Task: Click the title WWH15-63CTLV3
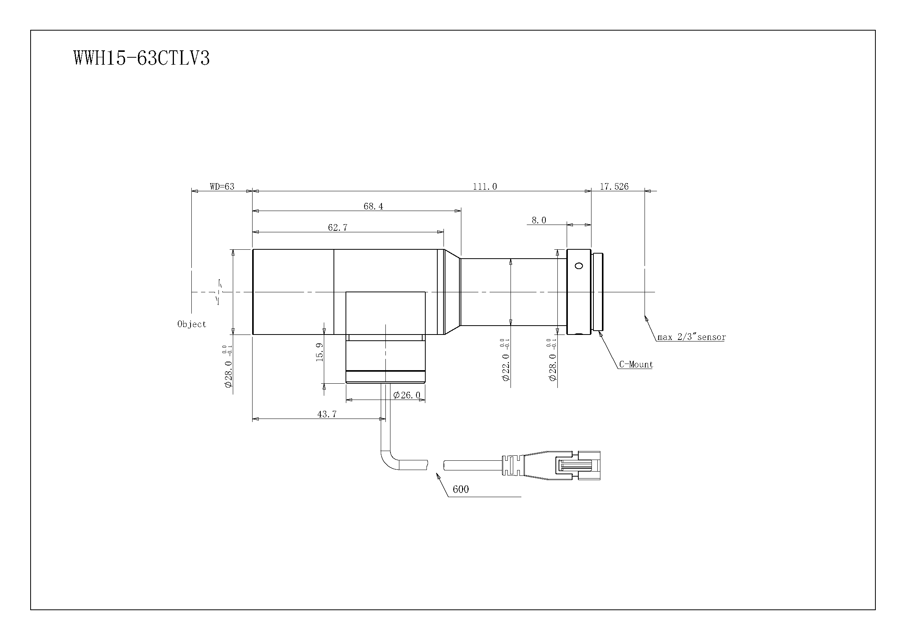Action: (x=141, y=58)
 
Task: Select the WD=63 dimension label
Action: (x=222, y=187)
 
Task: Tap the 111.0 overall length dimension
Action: (x=485, y=187)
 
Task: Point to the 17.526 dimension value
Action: (x=614, y=187)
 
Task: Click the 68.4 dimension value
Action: (x=373, y=206)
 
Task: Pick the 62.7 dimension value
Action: (x=338, y=228)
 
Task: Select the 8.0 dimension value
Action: (x=539, y=220)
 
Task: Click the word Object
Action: (x=192, y=324)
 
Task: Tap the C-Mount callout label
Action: (x=636, y=364)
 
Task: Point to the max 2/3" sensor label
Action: (x=691, y=337)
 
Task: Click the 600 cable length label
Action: (x=461, y=489)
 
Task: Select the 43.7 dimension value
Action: (x=327, y=414)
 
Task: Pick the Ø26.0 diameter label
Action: (x=407, y=395)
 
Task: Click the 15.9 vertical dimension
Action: (x=320, y=352)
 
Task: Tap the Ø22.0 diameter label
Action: (x=506, y=367)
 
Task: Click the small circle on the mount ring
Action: (x=579, y=266)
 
